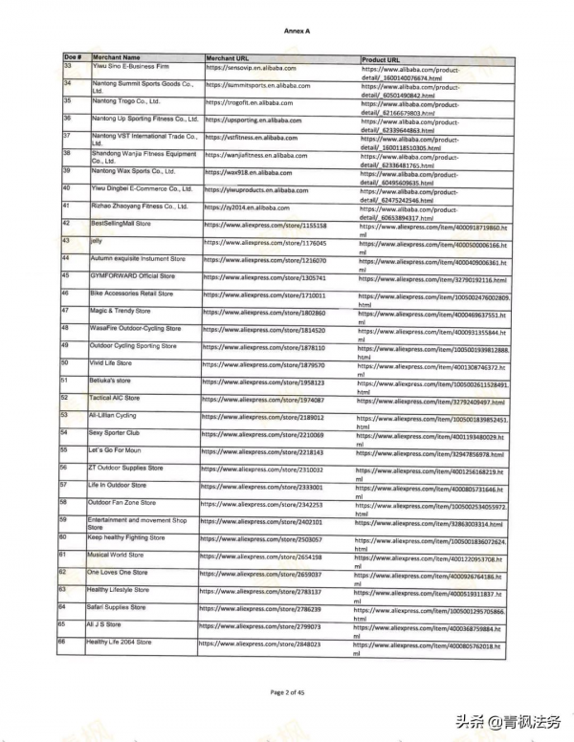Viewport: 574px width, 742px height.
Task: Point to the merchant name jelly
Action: pyautogui.click(x=96, y=243)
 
